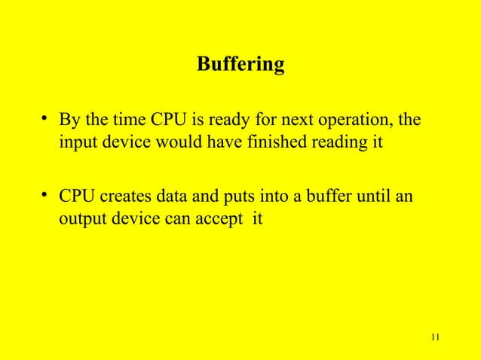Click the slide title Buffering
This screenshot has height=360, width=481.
pyautogui.click(x=240, y=66)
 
